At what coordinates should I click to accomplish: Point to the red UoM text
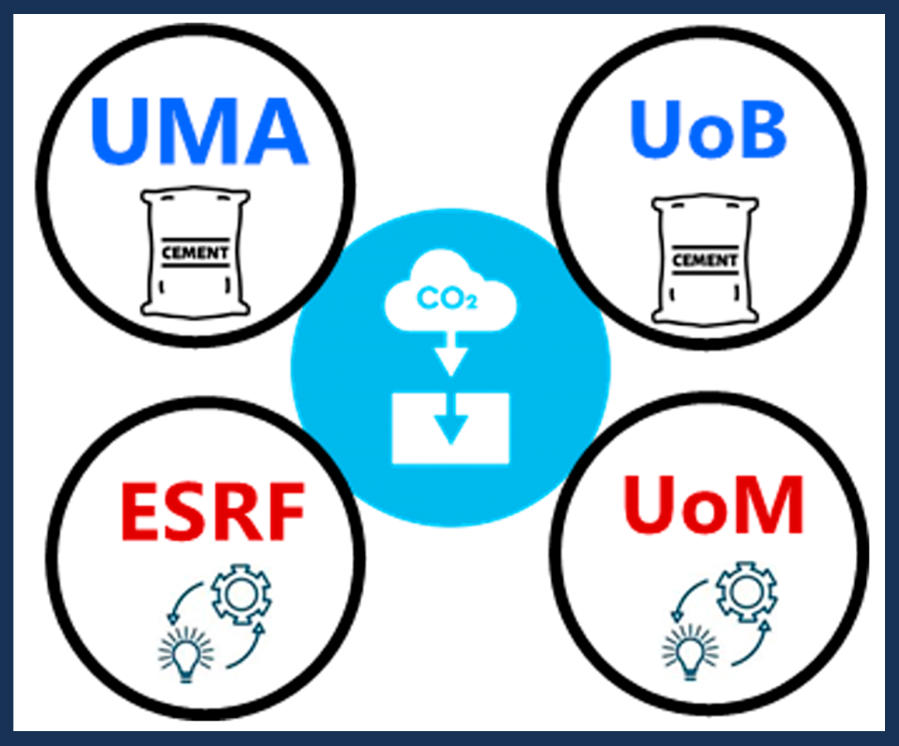point(713,506)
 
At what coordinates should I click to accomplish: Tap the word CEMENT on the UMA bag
point(195,253)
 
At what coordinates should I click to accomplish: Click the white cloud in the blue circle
point(450,291)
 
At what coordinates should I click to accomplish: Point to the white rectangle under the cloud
point(450,428)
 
